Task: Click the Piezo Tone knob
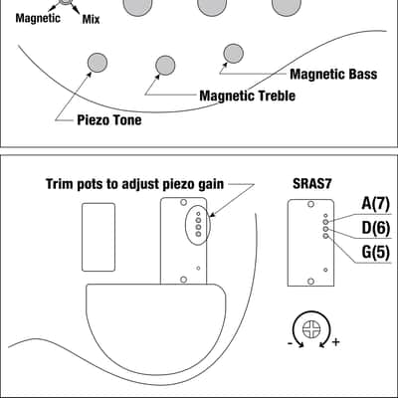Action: [98, 63]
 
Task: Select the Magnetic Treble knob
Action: [165, 66]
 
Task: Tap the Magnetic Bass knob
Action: [233, 54]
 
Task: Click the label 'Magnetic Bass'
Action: [333, 75]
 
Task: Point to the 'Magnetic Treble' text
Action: [248, 96]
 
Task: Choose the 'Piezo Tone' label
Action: [109, 119]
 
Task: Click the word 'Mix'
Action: [91, 19]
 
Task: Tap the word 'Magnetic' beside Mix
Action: [38, 18]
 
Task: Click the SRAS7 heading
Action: [311, 183]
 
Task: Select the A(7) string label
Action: [375, 203]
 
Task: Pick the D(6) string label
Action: [375, 228]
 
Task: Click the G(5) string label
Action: [375, 253]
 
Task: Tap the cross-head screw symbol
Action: [311, 329]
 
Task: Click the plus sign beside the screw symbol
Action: [336, 341]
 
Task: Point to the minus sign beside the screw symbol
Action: [290, 343]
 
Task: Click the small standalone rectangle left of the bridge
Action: [99, 237]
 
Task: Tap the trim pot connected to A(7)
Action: [325, 222]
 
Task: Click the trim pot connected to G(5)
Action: [325, 236]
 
